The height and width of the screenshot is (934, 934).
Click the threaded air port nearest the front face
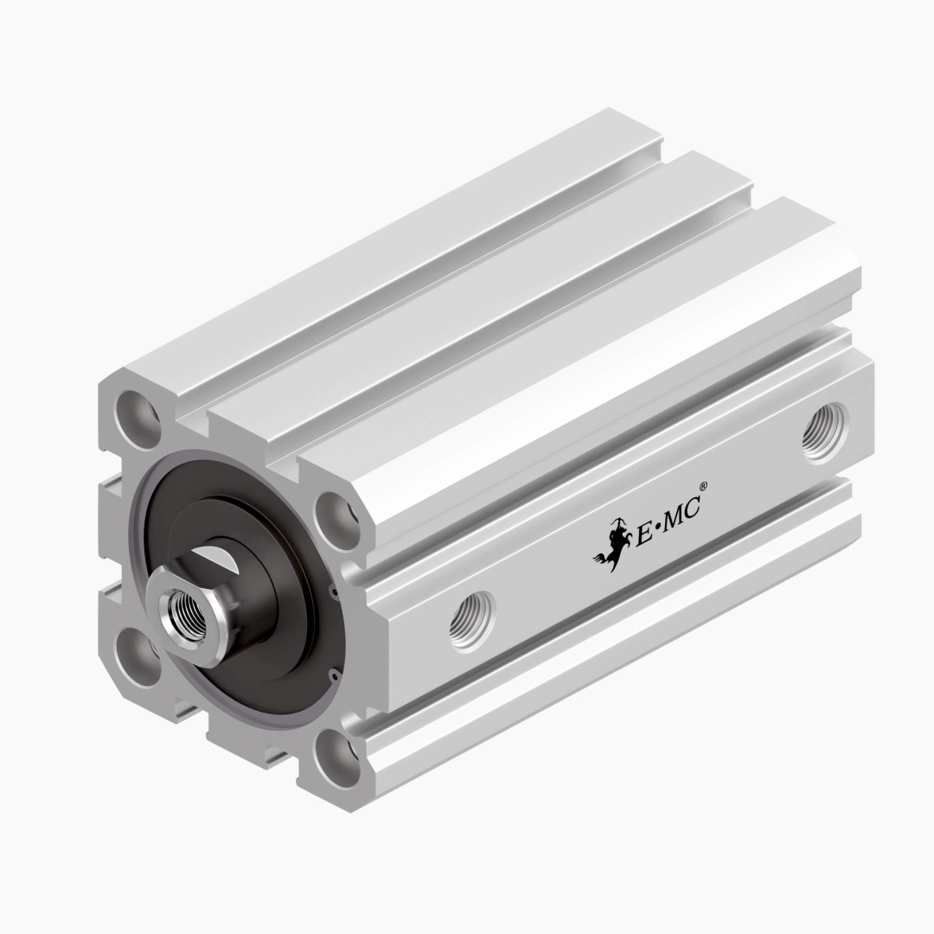[x=472, y=620]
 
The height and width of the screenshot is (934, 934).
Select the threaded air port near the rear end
[x=823, y=432]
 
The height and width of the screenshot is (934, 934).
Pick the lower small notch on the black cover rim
[x=332, y=671]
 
